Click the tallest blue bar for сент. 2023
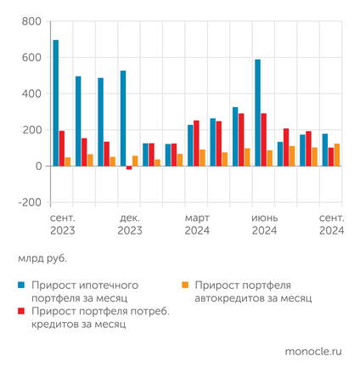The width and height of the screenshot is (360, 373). click(56, 103)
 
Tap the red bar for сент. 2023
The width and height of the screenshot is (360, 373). click(62, 149)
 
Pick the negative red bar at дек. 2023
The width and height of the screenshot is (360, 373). click(129, 168)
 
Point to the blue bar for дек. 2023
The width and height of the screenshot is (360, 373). click(123, 118)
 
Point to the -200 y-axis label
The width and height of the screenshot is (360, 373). click(28, 202)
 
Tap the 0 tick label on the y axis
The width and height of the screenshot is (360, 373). click(37, 167)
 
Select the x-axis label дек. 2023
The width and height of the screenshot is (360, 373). click(129, 224)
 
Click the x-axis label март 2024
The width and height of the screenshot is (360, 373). click(197, 224)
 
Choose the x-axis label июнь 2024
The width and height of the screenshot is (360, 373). click(264, 224)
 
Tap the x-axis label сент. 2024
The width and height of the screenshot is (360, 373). click(331, 224)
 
